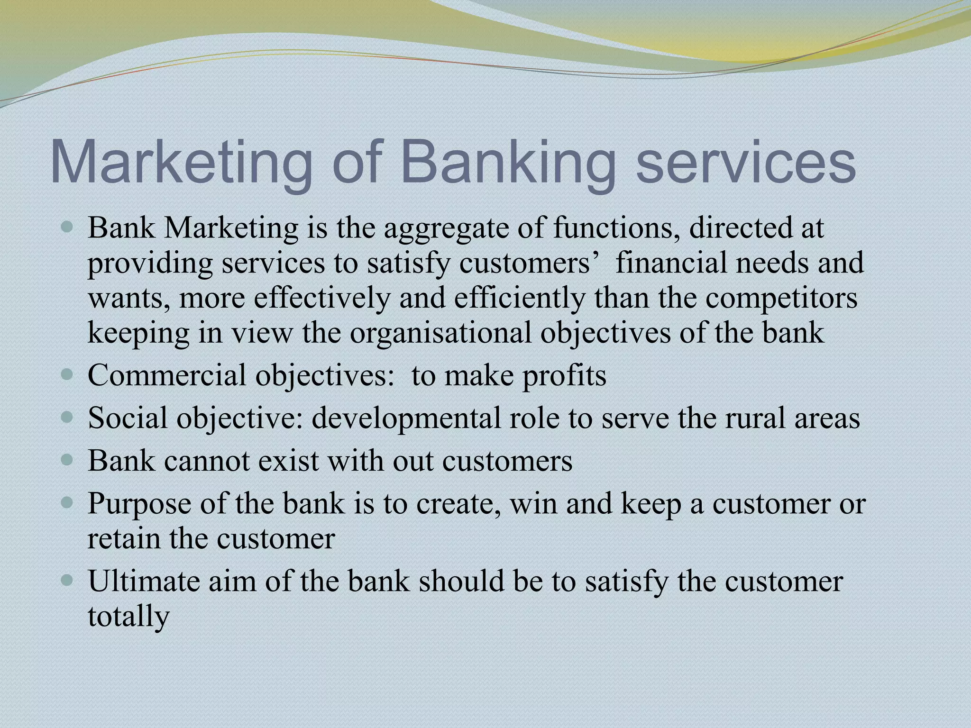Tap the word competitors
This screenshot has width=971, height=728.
point(781,299)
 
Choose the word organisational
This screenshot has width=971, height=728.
point(440,333)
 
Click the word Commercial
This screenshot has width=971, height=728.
point(167,375)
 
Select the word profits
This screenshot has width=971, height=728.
point(564,375)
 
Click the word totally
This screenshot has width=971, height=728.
point(128,617)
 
